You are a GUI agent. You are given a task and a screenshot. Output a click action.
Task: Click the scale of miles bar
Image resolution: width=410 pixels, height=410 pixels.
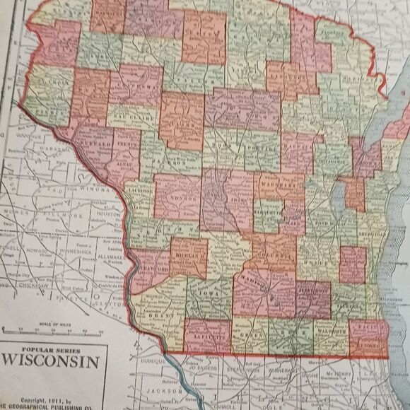(x=53, y=330)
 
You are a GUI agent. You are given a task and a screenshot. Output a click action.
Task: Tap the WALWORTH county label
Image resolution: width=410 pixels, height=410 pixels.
(x=333, y=330)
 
